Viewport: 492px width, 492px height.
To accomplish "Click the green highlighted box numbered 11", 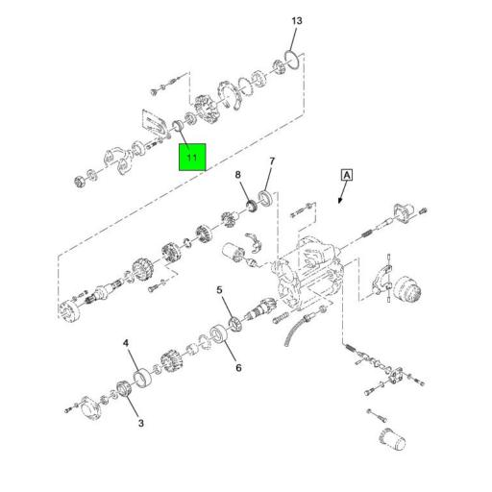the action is point(192,157).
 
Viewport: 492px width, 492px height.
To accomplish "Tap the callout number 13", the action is point(297,21).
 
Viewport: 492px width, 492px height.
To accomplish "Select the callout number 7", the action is point(272,161).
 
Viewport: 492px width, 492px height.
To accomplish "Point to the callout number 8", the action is point(237,175).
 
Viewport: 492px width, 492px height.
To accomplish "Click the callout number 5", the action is point(219,290).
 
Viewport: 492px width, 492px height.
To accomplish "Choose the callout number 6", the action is point(238,368).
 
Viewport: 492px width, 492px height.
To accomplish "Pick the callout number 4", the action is point(126,343).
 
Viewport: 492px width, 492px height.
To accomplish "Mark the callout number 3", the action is point(141,423).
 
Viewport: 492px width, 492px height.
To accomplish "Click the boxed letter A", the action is point(347,175).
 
